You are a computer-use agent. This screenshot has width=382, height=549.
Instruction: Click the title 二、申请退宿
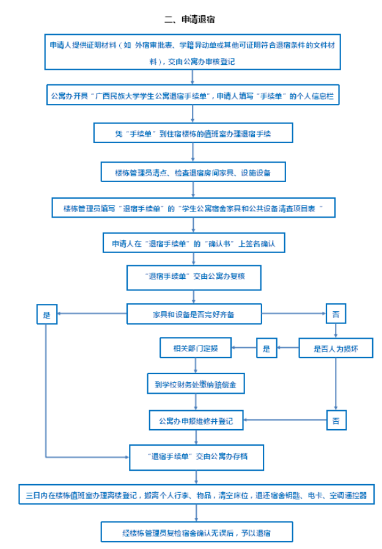189,19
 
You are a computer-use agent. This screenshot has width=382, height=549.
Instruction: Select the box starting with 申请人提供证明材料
193,52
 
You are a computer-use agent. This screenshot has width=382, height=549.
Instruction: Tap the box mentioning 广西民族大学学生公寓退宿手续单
193,95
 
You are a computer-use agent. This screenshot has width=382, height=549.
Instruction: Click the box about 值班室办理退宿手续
193,133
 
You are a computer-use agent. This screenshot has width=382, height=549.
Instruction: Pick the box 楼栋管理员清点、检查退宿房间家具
193,172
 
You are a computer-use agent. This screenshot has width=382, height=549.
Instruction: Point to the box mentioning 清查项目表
194,208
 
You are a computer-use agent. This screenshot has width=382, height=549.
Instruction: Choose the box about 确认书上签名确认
194,243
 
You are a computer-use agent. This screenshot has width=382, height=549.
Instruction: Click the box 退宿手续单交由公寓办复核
194,278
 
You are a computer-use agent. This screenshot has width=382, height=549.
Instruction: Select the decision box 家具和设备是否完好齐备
194,314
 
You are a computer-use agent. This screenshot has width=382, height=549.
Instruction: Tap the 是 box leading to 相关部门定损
267,348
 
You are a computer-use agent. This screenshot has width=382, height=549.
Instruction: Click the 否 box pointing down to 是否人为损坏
336,314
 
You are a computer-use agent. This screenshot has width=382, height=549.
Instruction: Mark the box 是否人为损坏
336,348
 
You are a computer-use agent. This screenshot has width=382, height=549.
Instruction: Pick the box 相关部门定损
196,348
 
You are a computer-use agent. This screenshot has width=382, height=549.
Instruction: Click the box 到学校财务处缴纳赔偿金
196,383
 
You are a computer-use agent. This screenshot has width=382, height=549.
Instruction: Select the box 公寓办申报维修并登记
196,420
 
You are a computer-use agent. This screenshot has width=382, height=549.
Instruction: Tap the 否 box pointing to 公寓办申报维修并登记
336,420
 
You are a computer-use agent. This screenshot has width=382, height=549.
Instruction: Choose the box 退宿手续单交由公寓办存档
196,457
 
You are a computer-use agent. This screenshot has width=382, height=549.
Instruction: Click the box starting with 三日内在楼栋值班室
196,495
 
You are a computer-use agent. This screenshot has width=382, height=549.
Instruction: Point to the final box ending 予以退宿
197,532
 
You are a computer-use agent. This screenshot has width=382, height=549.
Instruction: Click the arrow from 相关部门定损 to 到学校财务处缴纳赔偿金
196,366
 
